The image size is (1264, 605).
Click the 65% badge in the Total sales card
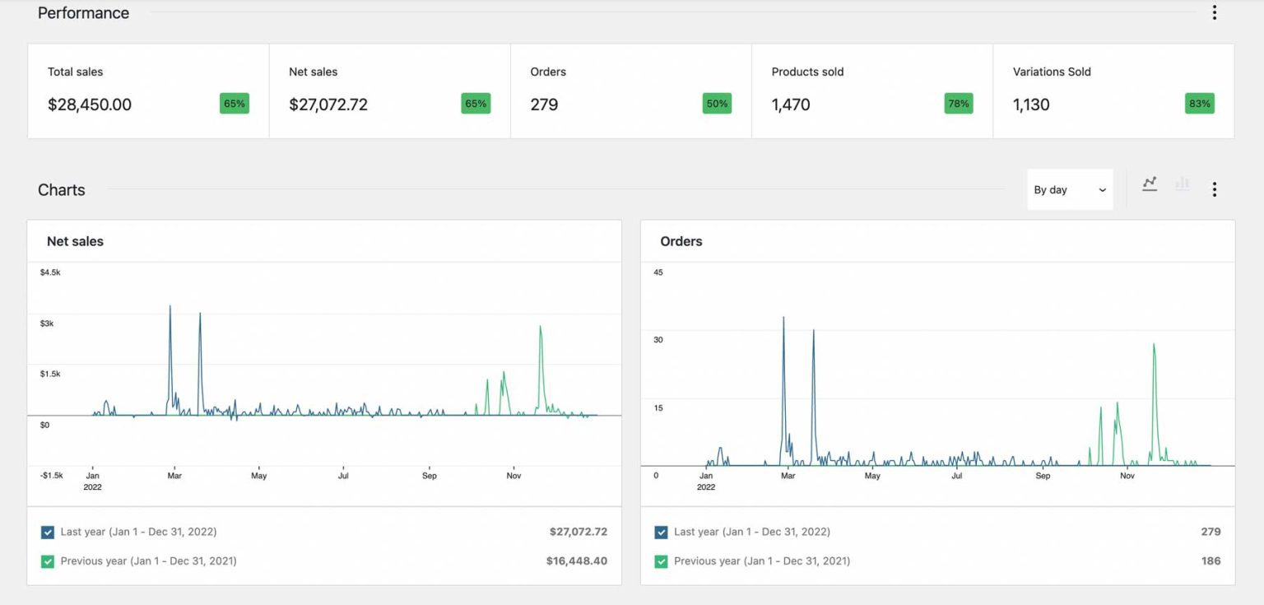(235, 104)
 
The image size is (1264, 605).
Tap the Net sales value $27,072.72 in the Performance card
(328, 105)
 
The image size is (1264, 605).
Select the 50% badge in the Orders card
(717, 104)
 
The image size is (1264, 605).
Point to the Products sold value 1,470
(791, 105)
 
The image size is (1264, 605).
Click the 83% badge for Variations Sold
(1199, 104)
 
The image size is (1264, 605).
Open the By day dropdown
(1070, 189)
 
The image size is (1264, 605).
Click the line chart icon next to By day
(1150, 184)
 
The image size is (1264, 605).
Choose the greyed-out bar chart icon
(1183, 184)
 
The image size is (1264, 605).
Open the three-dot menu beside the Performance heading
(1214, 12)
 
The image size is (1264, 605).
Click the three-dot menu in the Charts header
(1214, 189)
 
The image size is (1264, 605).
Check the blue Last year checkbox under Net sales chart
(48, 533)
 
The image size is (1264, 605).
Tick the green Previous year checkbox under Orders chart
(661, 561)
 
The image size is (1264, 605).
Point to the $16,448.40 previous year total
(576, 561)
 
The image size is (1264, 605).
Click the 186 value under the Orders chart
(1211, 561)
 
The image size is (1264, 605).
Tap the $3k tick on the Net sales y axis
(47, 323)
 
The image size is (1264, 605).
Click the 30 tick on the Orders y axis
(658, 339)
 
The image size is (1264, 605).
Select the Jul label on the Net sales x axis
(343, 476)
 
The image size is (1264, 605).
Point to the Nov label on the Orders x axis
(1127, 476)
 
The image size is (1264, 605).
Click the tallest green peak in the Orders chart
(1154, 346)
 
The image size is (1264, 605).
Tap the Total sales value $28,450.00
(90, 105)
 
